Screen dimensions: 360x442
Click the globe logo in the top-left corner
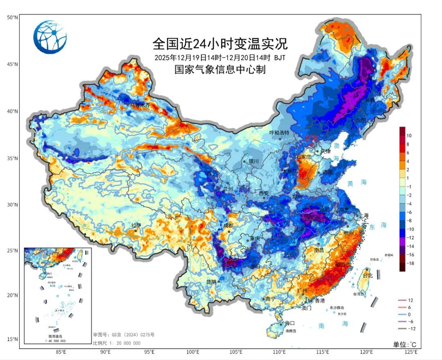(x=50, y=37)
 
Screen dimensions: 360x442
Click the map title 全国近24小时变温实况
(x=220, y=43)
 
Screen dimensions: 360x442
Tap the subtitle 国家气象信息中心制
(x=220, y=70)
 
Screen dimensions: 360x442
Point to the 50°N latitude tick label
(x=12, y=17)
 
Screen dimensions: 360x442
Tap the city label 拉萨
(x=136, y=225)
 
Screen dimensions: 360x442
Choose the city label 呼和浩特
(x=279, y=133)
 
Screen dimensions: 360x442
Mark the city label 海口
(x=290, y=323)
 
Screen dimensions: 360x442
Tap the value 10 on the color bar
(x=409, y=135)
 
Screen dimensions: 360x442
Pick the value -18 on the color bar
(x=410, y=263)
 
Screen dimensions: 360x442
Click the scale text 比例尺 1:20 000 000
(x=117, y=343)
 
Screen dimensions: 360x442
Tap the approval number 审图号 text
(x=124, y=335)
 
